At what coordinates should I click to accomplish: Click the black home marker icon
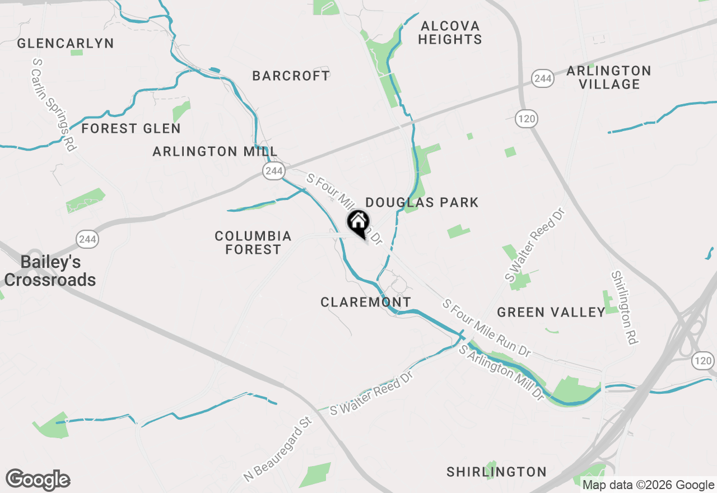tap(358, 222)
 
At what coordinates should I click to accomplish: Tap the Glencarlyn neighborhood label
tap(66, 43)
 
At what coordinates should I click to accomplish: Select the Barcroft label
tap(291, 76)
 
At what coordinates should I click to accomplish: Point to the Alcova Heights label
tap(450, 32)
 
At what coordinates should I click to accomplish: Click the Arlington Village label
tap(609, 77)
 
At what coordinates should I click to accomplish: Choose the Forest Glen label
tap(131, 128)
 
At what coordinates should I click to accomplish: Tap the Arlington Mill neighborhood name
tap(215, 151)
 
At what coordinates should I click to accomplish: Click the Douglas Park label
tap(422, 202)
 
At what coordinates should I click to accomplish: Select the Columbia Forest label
tap(253, 243)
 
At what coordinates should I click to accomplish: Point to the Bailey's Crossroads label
tap(50, 271)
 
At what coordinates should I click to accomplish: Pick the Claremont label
tap(366, 302)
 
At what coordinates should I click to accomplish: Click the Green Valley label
tap(551, 312)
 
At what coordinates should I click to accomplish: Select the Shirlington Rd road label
tap(625, 308)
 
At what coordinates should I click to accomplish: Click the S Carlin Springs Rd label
tap(54, 104)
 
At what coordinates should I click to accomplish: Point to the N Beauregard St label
tap(277, 449)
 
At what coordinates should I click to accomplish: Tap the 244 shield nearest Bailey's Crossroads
tap(88, 240)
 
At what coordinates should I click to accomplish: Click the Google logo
tap(38, 480)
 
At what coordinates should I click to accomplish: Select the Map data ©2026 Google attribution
tap(648, 485)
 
